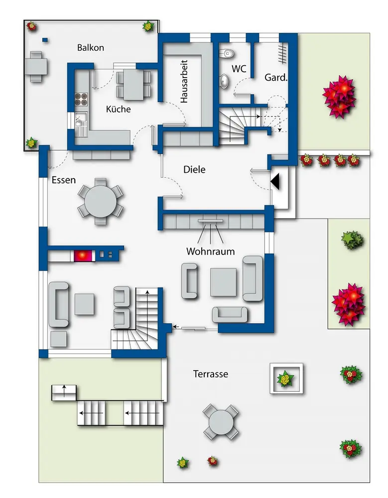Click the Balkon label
click(90, 48)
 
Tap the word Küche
click(119, 109)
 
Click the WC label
click(239, 69)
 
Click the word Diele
click(194, 170)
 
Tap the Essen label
click(64, 180)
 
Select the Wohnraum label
click(210, 251)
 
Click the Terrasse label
click(211, 373)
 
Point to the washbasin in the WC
click(224, 80)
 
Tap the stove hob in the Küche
click(81, 99)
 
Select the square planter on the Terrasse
click(286, 378)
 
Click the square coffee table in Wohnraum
click(224, 282)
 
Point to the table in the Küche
click(133, 84)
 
